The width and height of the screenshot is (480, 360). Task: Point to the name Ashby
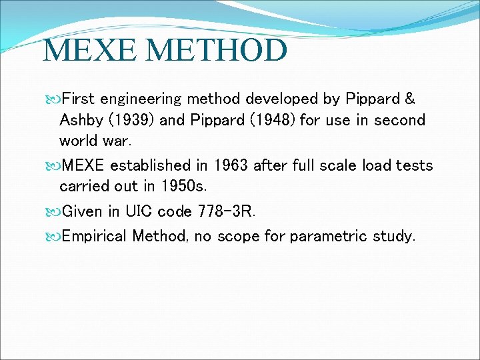79,121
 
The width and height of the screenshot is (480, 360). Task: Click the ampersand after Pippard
409,99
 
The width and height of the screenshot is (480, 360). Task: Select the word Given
82,211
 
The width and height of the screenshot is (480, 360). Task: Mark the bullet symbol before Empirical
54,236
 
